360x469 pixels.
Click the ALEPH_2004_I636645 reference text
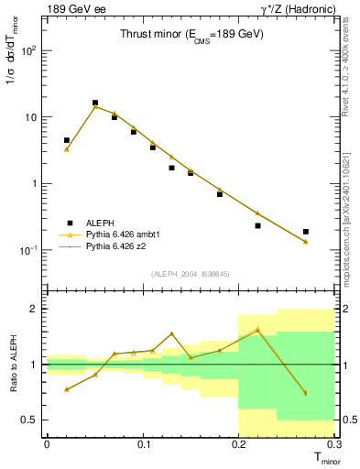[191, 275]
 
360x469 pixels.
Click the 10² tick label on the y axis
[28, 51]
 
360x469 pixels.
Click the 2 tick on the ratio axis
[35, 309]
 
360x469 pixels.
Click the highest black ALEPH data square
[95, 104]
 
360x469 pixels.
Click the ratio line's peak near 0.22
[257, 330]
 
